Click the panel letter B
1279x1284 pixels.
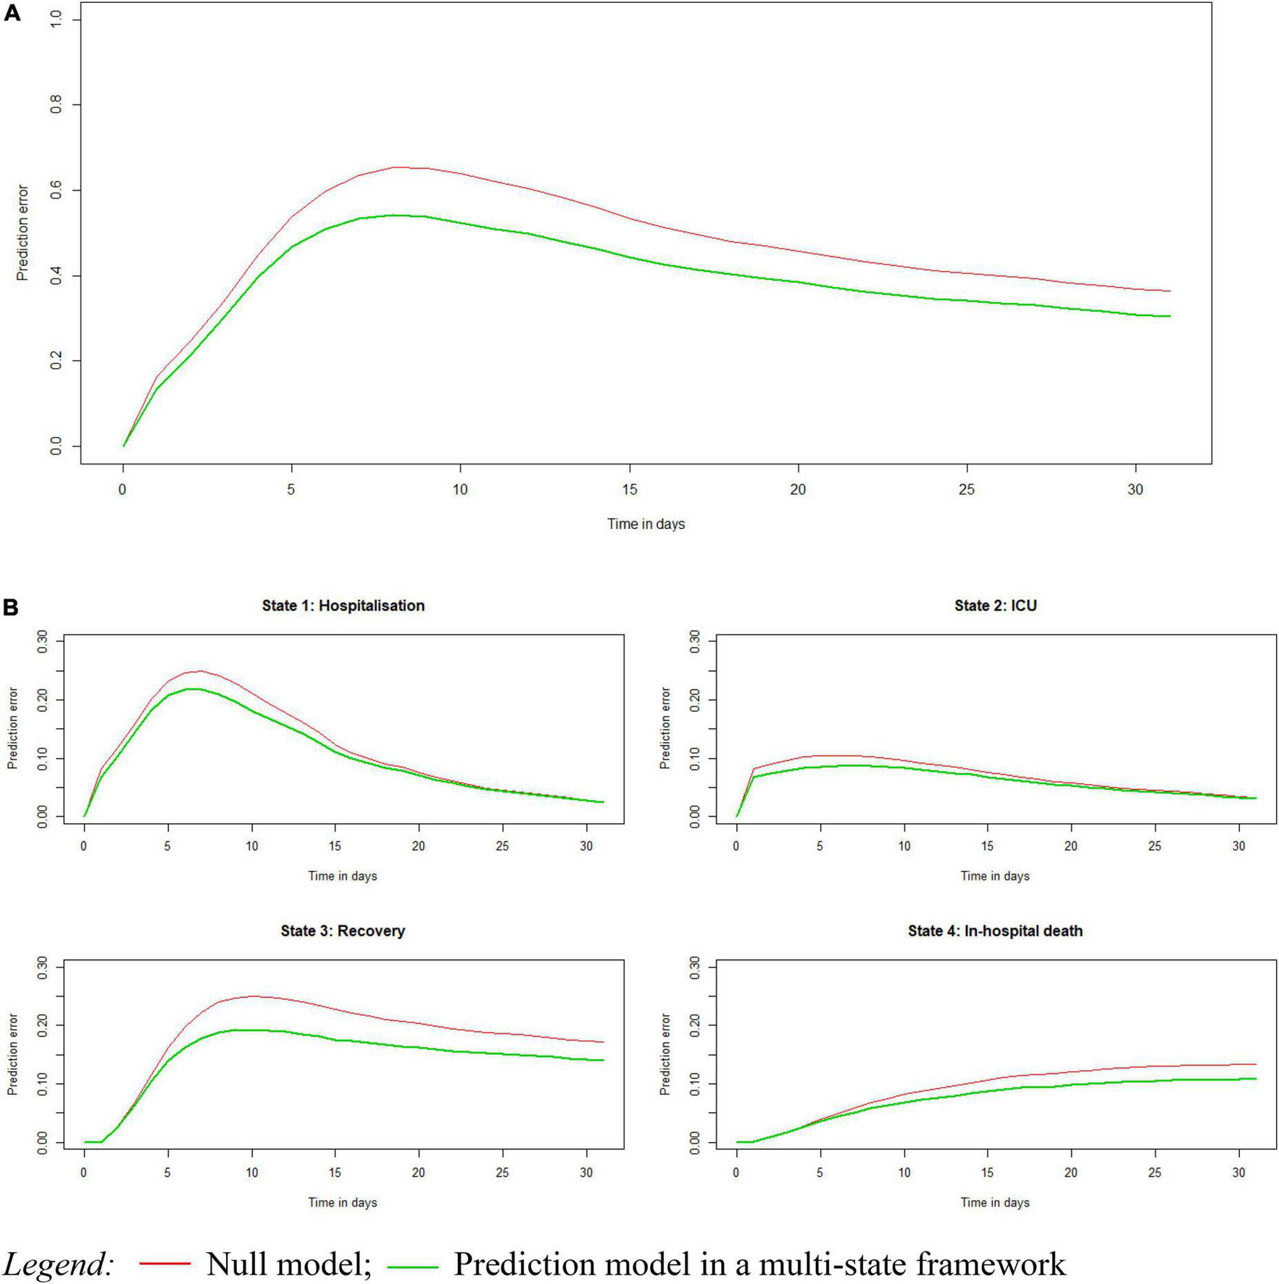click(11, 607)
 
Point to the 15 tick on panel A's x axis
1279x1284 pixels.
click(629, 489)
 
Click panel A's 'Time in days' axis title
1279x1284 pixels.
click(646, 524)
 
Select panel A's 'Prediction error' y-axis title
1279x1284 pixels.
click(22, 233)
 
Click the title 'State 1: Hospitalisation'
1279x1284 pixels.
click(343, 606)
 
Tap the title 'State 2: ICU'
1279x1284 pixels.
click(995, 606)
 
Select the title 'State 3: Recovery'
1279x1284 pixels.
click(343, 931)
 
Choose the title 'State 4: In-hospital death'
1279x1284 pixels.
click(995, 931)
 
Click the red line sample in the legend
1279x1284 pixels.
click(164, 1264)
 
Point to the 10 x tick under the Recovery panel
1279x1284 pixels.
click(251, 1172)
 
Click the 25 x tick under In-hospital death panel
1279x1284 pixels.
click(1155, 1172)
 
